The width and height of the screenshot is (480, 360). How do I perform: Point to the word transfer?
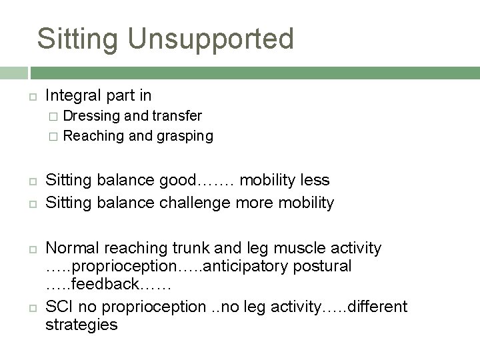(177, 116)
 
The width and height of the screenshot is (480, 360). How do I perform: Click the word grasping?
(185, 136)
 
